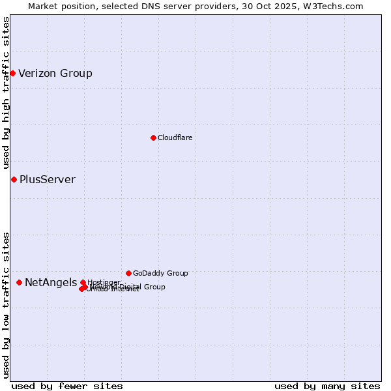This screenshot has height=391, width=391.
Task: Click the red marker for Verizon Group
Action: tap(12, 73)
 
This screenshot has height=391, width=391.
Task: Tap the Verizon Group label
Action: tap(55, 73)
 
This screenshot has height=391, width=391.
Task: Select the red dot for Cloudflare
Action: tap(153, 138)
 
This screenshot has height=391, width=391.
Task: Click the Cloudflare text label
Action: tap(175, 138)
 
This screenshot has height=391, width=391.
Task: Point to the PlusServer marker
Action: tap(14, 179)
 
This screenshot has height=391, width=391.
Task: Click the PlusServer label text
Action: tap(48, 179)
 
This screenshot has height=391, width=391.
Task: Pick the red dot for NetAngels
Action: tap(19, 282)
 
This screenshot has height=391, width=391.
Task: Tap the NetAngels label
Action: tap(51, 282)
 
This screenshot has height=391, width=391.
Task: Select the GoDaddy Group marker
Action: tap(128, 273)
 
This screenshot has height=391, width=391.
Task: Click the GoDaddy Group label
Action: tap(160, 273)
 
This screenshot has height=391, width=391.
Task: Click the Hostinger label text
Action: tap(104, 282)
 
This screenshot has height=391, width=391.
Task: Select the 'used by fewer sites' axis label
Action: tap(67, 386)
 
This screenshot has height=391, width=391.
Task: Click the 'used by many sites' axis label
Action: tap(327, 386)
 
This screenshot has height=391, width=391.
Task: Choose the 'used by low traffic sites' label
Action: tap(6, 304)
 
